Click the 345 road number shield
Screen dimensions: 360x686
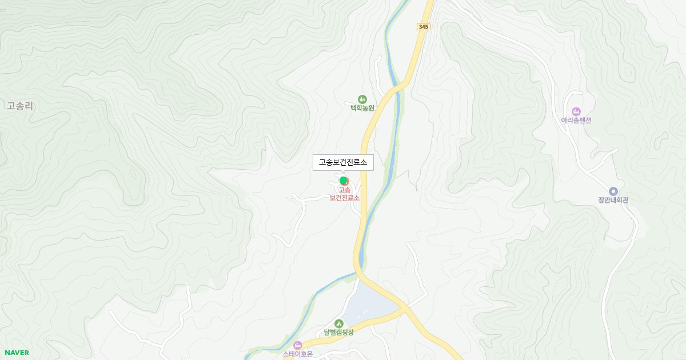[x=423, y=27]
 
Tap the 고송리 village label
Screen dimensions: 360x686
[x=21, y=106]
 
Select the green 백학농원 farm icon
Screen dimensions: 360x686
[x=362, y=99]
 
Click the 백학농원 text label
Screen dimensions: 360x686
[x=362, y=108]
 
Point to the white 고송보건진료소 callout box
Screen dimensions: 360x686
[x=343, y=162]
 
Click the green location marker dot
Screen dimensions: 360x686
[x=344, y=181]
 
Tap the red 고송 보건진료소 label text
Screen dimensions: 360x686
[x=345, y=194]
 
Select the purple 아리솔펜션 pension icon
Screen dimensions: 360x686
[x=576, y=111]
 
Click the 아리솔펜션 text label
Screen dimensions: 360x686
[x=576, y=120]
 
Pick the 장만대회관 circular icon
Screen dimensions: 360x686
[x=613, y=191]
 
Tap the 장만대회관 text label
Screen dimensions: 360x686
[x=613, y=200]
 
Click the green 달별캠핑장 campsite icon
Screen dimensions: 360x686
[x=339, y=323]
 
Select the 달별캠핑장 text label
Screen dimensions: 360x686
[x=339, y=333]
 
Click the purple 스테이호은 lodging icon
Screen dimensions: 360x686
[x=297, y=345]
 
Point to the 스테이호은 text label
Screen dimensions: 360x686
[x=298, y=354]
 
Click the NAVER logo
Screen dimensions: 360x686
[x=17, y=353]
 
